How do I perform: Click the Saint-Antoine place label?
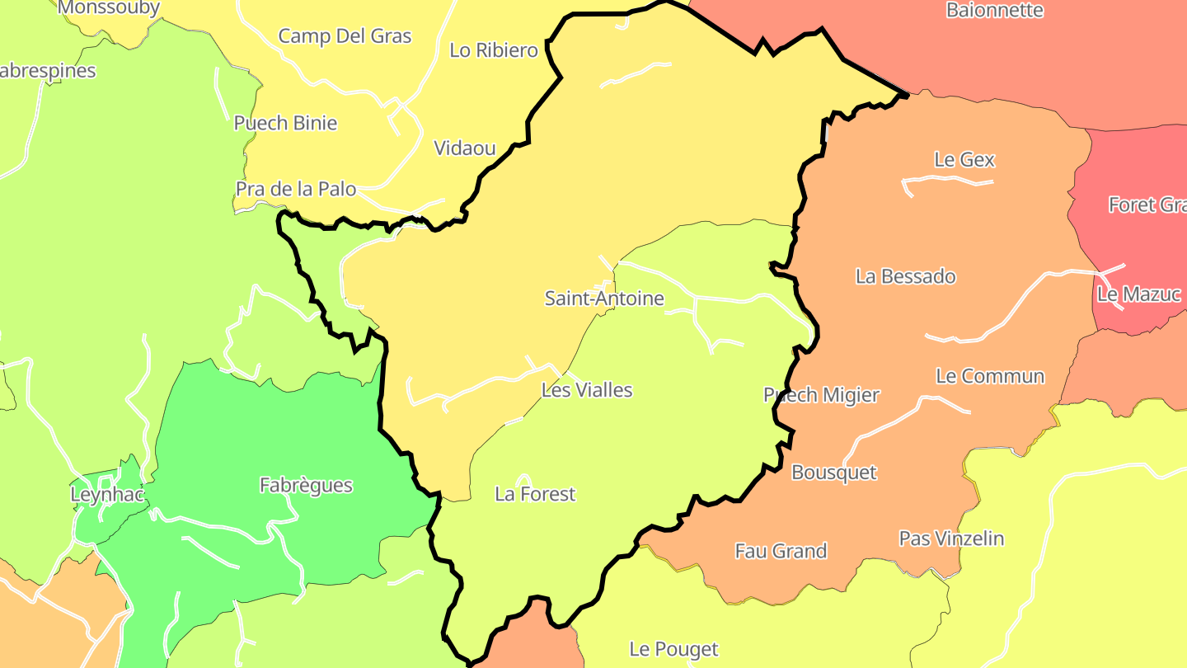pyautogui.click(x=604, y=299)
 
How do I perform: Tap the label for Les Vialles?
pyautogui.click(x=587, y=390)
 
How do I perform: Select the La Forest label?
pyautogui.click(x=535, y=494)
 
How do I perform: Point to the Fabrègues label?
pyautogui.click(x=306, y=486)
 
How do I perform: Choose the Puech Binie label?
pyautogui.click(x=285, y=124)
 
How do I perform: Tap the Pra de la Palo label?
pyautogui.click(x=296, y=190)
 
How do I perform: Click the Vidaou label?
pyautogui.click(x=465, y=148)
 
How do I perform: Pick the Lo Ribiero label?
pyautogui.click(x=494, y=50)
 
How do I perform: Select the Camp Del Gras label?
pyautogui.click(x=345, y=36)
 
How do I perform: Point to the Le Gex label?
pyautogui.click(x=964, y=160)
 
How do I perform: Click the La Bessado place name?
pyautogui.click(x=906, y=276)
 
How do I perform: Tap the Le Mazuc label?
pyautogui.click(x=1139, y=294)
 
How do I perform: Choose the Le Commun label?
pyautogui.click(x=990, y=377)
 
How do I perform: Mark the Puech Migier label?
pyautogui.click(x=822, y=395)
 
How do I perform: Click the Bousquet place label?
pyautogui.click(x=834, y=473)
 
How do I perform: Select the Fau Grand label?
pyautogui.click(x=781, y=551)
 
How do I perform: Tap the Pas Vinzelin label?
pyautogui.click(x=951, y=539)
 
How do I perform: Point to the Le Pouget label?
pyautogui.click(x=673, y=650)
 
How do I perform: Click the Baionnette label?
pyautogui.click(x=995, y=11)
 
